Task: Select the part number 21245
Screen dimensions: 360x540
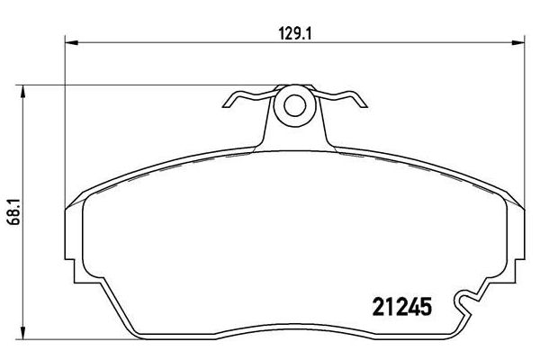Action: pos(404,308)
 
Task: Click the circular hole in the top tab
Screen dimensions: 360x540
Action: pos(293,105)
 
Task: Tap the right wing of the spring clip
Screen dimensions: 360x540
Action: pos(346,100)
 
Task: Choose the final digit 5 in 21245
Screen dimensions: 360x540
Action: pos(429,308)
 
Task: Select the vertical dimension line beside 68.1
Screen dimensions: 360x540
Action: pos(23,270)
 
